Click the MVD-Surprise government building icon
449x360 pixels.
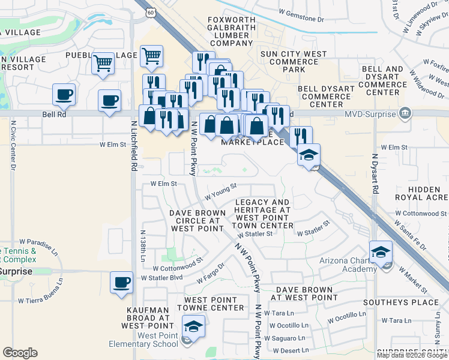click(405, 113)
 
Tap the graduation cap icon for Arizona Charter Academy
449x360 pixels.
click(381, 252)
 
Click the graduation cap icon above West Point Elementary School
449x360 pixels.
click(193, 326)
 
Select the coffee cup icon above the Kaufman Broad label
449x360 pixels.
click(121, 282)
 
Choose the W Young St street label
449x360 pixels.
click(221, 192)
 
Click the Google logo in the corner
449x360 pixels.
click(20, 353)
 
